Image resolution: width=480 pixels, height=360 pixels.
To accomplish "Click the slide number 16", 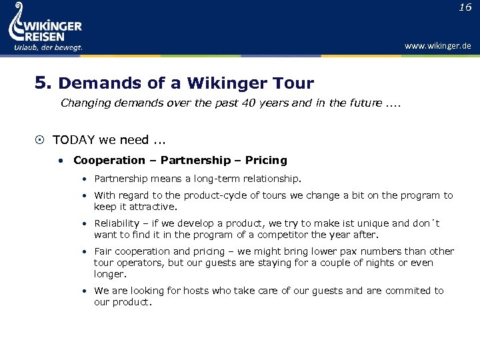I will click(x=465, y=7).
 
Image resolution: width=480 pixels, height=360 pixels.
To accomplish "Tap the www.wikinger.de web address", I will click(x=437, y=46).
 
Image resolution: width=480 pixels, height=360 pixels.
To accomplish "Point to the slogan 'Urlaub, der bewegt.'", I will click(x=49, y=47).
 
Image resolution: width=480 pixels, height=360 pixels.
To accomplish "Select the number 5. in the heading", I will click(x=43, y=83).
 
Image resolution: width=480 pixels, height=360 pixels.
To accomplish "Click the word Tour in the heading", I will click(x=293, y=83).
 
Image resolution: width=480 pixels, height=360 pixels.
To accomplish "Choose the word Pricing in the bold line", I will click(x=266, y=160).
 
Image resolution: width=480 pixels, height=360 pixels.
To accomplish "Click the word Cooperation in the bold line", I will click(x=109, y=160).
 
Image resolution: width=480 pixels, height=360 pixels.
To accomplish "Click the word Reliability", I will click(x=117, y=223).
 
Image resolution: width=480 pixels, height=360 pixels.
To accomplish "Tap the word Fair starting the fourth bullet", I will click(x=103, y=251).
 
